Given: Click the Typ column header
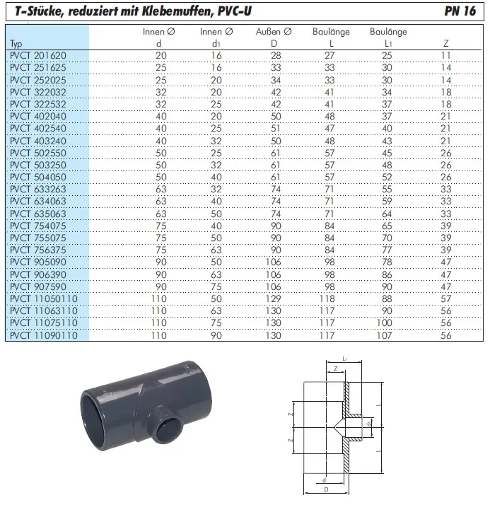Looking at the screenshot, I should coord(17,43).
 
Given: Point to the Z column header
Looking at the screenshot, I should coord(445,43).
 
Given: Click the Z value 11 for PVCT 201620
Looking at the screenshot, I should coord(445,54).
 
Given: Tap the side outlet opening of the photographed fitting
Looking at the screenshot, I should coord(168,429).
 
